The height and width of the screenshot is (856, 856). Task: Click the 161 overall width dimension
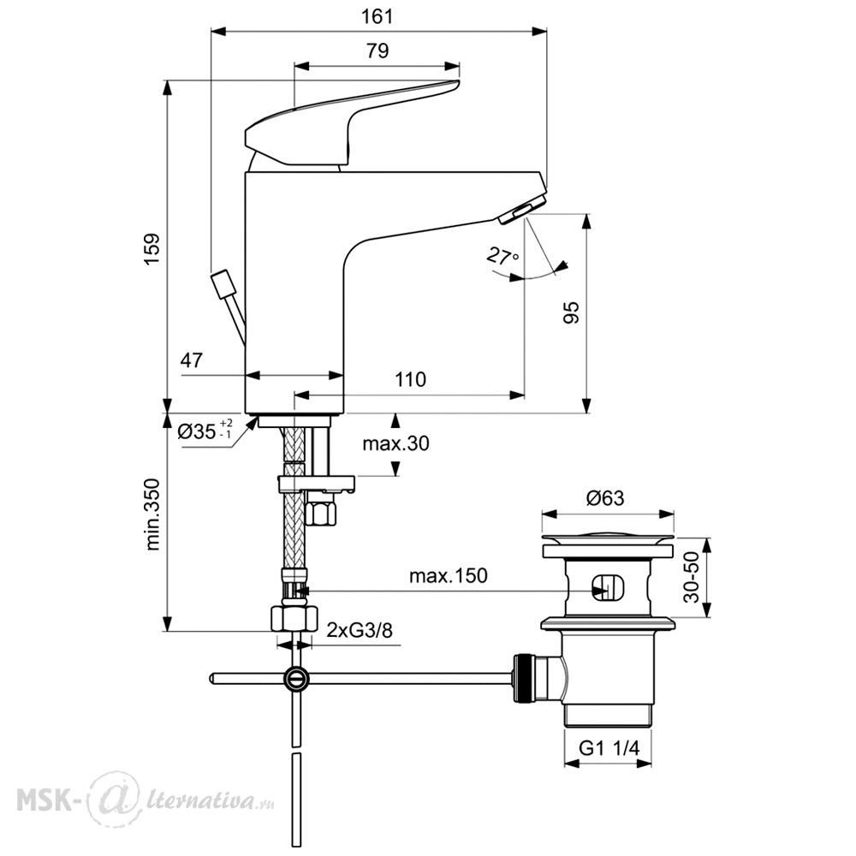tap(377, 17)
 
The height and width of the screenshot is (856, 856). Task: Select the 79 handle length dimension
tap(377, 51)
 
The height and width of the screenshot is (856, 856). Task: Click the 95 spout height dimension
tap(571, 312)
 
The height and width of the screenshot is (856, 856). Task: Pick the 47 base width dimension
tap(191, 360)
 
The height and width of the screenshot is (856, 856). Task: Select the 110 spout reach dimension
tap(410, 379)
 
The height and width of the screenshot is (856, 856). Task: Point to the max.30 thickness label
tap(395, 443)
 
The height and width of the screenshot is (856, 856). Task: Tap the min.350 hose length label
tap(153, 514)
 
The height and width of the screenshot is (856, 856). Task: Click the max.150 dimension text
tap(449, 575)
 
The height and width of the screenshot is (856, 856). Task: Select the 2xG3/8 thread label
tap(360, 631)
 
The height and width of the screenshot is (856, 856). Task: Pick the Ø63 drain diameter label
tap(605, 498)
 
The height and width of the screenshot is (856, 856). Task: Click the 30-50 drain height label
tap(691, 577)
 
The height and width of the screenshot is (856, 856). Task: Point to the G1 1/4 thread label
tap(609, 747)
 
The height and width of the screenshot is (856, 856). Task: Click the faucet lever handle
tap(352, 122)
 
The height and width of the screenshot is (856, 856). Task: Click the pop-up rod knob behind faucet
tap(223, 284)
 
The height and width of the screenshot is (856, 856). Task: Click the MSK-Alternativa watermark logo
tap(146, 800)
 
